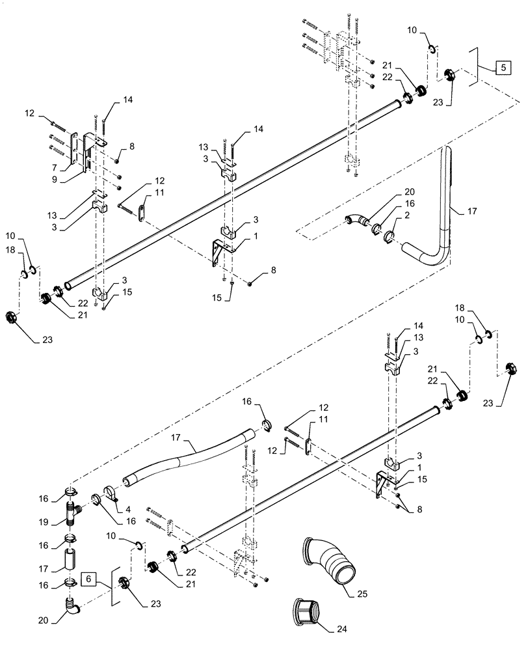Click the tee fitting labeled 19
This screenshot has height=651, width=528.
73,513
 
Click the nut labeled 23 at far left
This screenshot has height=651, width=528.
14,319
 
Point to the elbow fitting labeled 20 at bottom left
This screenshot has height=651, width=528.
73,609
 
